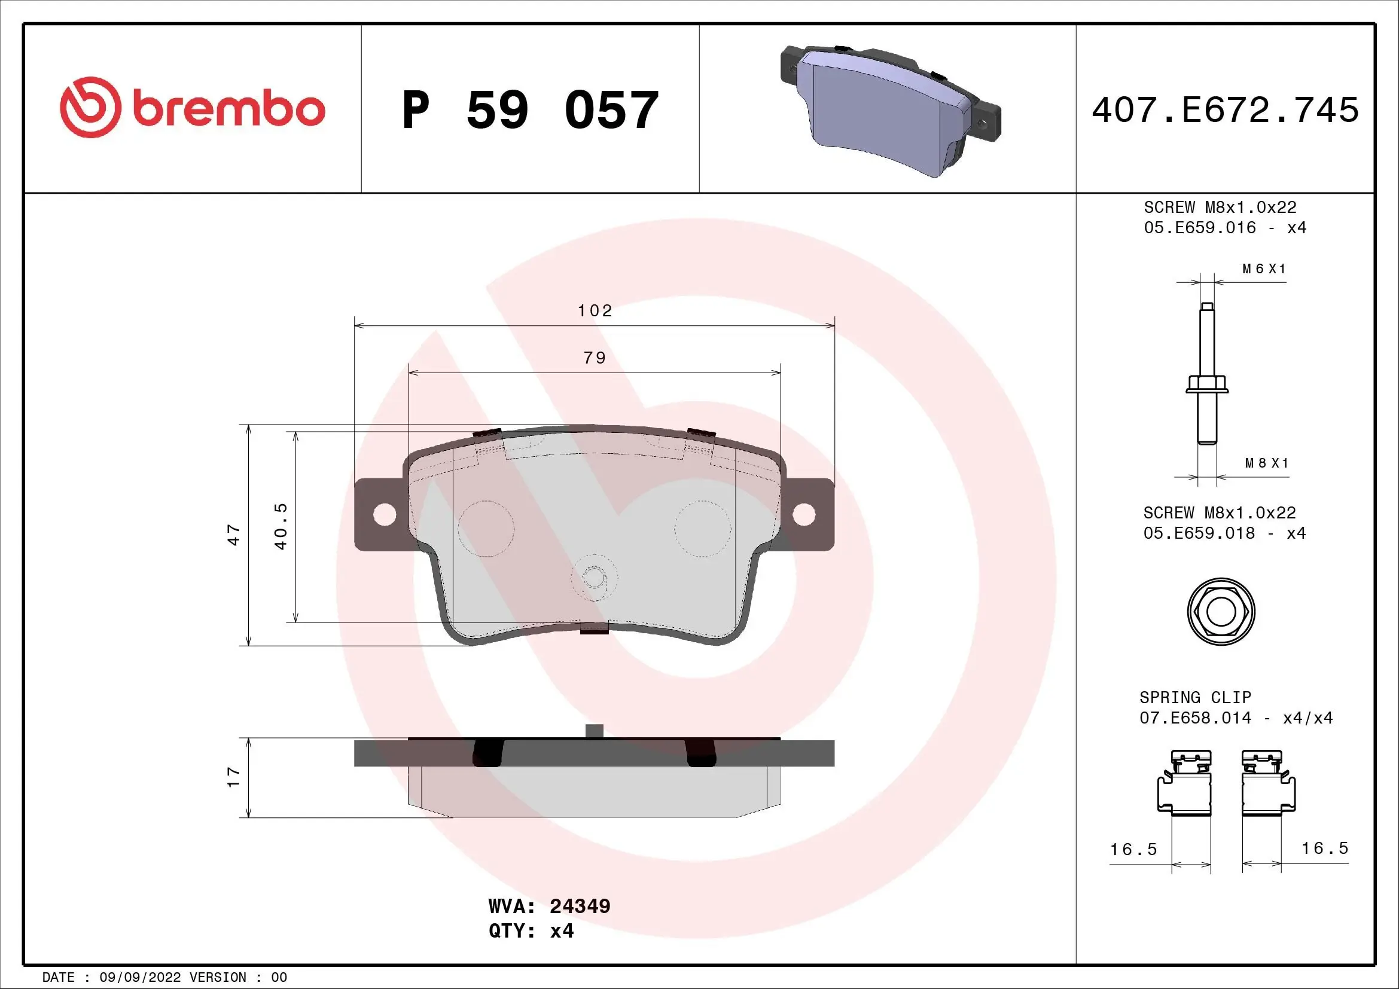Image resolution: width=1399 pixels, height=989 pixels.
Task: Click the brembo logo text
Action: coord(228,109)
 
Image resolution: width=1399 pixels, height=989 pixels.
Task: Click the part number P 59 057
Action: coord(530,110)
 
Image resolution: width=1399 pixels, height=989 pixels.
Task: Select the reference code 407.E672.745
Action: coord(1225,110)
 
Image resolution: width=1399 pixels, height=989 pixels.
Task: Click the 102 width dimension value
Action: coord(595,311)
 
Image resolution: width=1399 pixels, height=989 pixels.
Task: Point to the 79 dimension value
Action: coord(595,358)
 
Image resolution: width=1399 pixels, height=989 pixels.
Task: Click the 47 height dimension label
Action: coord(234,535)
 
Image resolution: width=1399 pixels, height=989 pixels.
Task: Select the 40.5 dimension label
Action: coord(281,526)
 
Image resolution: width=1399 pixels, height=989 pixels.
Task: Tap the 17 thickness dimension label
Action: coord(234,777)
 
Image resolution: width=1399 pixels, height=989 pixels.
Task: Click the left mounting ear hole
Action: coord(385,515)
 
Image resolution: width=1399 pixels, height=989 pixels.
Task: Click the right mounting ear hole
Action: coord(804,515)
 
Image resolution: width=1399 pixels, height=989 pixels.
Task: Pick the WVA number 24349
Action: coord(580,906)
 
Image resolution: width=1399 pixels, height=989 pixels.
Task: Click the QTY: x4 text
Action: coord(531,931)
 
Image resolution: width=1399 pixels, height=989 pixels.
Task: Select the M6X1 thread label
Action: coord(1264,269)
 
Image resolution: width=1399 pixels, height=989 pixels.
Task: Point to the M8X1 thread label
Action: coord(1267,463)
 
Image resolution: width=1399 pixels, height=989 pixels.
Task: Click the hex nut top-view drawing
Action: coord(1221,612)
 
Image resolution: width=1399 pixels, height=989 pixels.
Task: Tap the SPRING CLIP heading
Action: coord(1195,697)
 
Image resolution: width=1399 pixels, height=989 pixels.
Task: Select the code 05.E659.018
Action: coord(1199,533)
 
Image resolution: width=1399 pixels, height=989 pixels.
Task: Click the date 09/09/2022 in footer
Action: coord(139,978)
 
